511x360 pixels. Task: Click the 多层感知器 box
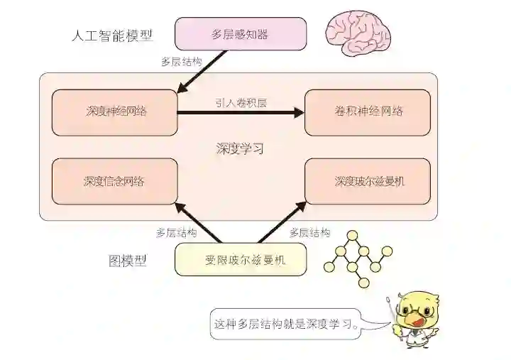[241, 34]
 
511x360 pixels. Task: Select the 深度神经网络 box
[115, 112]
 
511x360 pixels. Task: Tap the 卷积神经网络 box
[368, 112]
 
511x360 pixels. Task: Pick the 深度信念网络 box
[115, 181]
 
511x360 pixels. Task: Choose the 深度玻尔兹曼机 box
[368, 181]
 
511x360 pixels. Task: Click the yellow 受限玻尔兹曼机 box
[241, 259]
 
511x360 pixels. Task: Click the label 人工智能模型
[113, 35]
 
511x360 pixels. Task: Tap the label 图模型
[128, 260]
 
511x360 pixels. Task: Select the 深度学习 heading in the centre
[240, 149]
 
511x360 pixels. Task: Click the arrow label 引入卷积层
[241, 102]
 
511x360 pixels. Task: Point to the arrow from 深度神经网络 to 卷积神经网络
[241, 112]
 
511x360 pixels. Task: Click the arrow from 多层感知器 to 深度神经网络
[202, 72]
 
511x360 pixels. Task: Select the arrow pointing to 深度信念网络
[198, 222]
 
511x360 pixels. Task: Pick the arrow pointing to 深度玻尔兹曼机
[282, 222]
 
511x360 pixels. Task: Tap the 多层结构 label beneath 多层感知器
[182, 61]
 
